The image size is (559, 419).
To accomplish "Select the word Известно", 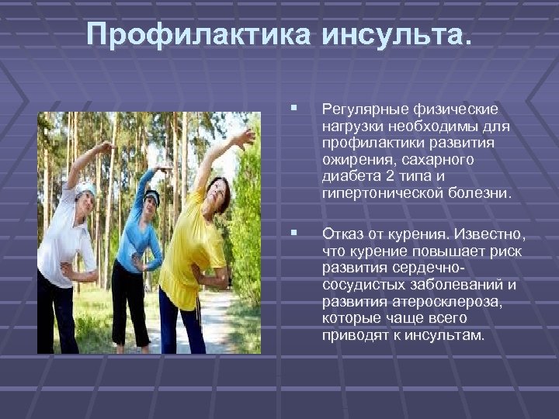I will click(x=491, y=234).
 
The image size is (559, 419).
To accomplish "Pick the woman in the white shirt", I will click(x=66, y=248).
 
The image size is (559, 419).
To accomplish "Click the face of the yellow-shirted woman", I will click(x=218, y=191).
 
